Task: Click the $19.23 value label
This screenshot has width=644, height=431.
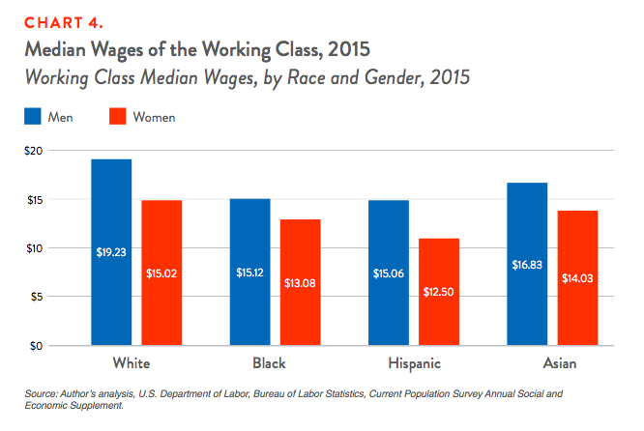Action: tap(111, 252)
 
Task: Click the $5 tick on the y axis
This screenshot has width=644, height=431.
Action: tap(37, 297)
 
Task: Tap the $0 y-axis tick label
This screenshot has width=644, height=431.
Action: tap(37, 345)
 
